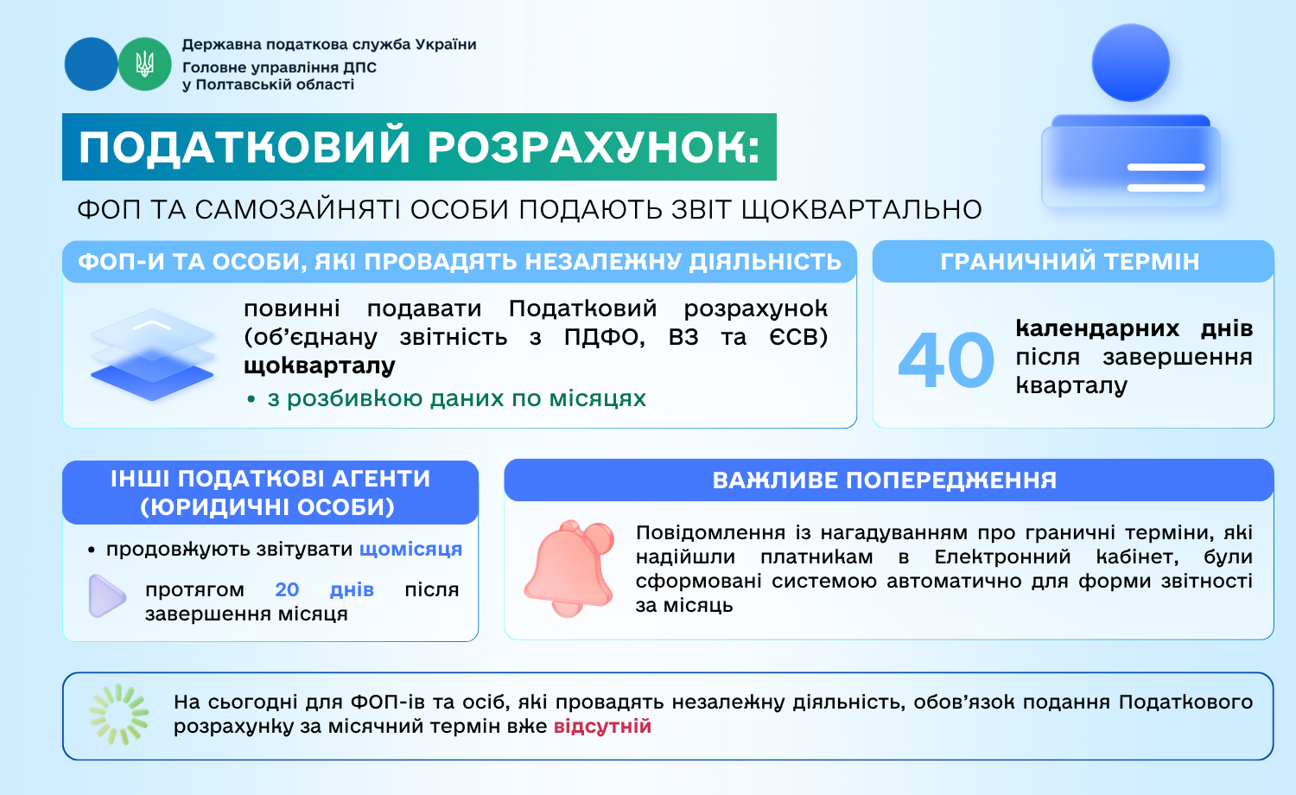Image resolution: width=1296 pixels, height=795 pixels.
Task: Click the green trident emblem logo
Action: point(144,64)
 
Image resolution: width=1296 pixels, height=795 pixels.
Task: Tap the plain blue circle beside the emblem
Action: point(91,64)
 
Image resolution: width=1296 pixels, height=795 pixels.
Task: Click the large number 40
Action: point(946,359)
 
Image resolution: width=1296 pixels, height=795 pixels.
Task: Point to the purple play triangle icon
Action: point(107,596)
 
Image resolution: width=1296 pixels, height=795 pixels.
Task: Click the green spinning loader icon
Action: point(119,715)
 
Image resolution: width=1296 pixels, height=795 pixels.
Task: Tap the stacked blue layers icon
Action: point(152,354)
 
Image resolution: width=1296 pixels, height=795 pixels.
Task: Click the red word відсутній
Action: point(602,726)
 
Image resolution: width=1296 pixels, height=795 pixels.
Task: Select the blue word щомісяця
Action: point(410,549)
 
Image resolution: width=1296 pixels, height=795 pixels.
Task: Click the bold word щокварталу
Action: point(320,366)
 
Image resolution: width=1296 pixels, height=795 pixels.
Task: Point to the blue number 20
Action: point(287,589)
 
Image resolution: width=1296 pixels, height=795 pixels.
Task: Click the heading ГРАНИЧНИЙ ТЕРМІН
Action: point(1070,262)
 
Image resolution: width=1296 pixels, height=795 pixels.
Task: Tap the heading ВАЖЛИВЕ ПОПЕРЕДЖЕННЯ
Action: point(885,480)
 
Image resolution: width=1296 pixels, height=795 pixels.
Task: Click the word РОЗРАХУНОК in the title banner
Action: point(594,147)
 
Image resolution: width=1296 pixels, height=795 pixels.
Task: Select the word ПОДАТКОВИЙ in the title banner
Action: point(245,147)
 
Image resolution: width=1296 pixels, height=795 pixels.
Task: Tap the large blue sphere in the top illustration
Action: point(1130,62)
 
